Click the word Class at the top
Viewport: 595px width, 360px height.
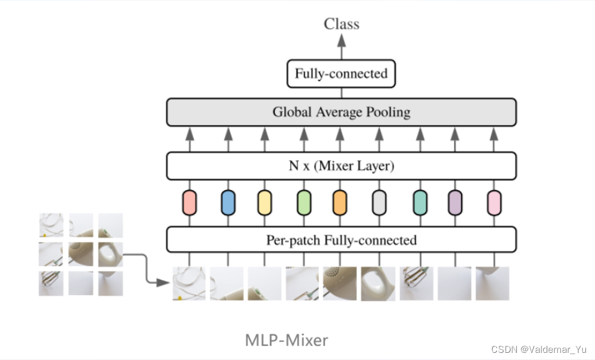click(x=342, y=24)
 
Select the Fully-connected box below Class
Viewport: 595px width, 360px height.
click(x=341, y=74)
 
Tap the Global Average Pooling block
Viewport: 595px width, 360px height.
click(x=341, y=112)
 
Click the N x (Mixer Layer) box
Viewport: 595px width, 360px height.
click(x=341, y=166)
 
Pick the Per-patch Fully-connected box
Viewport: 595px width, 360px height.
click(x=341, y=240)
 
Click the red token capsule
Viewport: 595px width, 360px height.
click(x=190, y=203)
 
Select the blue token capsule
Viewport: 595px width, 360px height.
click(x=228, y=203)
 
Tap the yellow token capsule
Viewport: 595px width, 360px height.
click(x=265, y=203)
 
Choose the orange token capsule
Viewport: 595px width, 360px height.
click(x=340, y=203)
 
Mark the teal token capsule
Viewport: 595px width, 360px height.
click(x=420, y=203)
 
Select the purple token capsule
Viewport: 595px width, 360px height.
click(x=455, y=203)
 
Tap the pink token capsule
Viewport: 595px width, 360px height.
click(x=494, y=203)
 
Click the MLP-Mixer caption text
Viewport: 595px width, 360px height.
click(x=286, y=340)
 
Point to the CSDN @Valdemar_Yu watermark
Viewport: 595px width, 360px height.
click(x=539, y=349)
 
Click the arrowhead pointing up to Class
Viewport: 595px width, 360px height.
click(x=342, y=39)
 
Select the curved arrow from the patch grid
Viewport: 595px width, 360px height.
click(x=146, y=268)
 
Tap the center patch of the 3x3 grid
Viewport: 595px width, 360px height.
click(x=81, y=254)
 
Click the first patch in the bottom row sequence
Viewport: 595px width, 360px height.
click(x=189, y=283)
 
